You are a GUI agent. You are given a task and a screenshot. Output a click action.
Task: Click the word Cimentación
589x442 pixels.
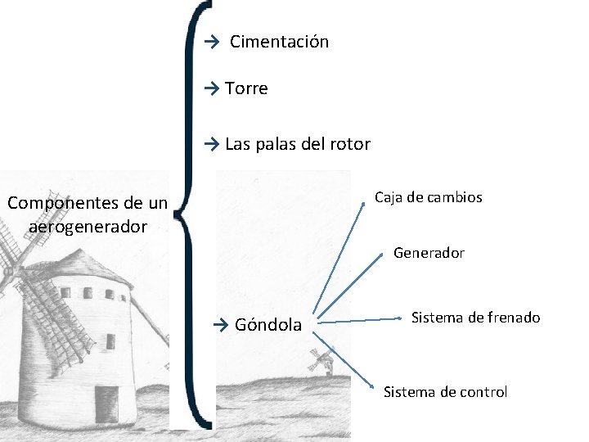coord(279,42)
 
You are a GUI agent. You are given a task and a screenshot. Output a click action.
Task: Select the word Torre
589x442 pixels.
coord(246,88)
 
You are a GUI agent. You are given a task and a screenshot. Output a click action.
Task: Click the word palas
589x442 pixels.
coord(278,145)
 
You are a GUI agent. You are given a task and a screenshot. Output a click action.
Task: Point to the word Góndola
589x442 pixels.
coord(268,325)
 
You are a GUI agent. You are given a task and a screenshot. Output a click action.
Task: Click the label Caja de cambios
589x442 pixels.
coord(428,197)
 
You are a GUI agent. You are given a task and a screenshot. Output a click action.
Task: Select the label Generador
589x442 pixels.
coord(429,253)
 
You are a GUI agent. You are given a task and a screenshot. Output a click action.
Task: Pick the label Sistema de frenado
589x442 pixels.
coord(475,318)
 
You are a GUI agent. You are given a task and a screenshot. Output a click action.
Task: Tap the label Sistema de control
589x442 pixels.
coord(445,392)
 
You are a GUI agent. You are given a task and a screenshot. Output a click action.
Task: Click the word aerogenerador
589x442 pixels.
coord(88,226)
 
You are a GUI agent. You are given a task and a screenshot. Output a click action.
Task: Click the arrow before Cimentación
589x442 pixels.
coord(213,42)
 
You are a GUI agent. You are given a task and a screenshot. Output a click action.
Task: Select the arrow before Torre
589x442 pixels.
coord(213,88)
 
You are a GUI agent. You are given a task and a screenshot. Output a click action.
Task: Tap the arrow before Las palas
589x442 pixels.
coord(213,145)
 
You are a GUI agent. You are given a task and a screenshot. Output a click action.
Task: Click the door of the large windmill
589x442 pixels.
coord(106,403)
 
